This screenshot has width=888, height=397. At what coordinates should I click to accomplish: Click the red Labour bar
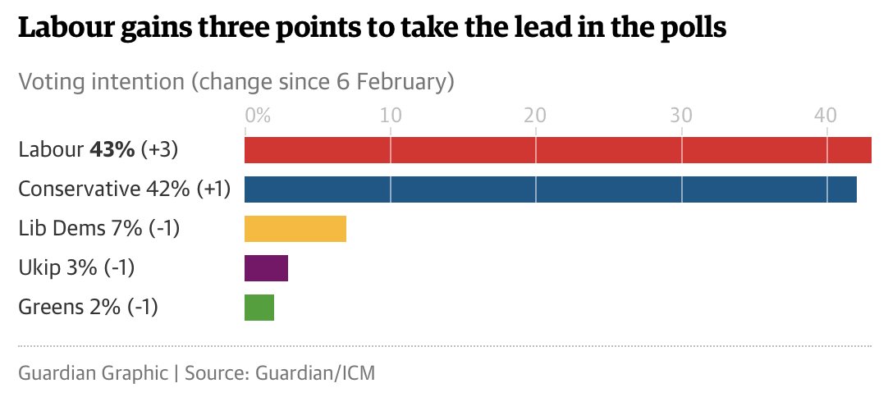558,150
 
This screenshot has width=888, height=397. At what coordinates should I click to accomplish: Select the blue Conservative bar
551,189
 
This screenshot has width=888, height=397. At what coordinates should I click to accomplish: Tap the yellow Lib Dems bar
295,229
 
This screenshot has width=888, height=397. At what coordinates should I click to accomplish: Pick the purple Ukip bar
267,268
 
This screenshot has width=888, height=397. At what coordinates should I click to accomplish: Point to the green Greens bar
259,308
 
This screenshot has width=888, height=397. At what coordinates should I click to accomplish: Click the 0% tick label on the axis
258,115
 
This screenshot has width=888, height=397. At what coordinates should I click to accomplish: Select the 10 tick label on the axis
391,115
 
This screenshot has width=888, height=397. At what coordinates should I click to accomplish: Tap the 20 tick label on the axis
536,115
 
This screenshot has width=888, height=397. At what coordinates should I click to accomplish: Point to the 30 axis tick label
681,115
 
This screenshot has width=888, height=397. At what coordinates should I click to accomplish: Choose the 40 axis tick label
826,115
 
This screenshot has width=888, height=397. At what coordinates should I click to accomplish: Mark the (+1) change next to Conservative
213,189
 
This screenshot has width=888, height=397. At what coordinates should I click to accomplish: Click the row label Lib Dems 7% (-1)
98,229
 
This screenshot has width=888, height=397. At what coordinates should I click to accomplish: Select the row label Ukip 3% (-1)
76,268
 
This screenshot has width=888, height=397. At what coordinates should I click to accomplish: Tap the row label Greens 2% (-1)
88,308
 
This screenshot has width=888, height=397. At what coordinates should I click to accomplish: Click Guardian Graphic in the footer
92,372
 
